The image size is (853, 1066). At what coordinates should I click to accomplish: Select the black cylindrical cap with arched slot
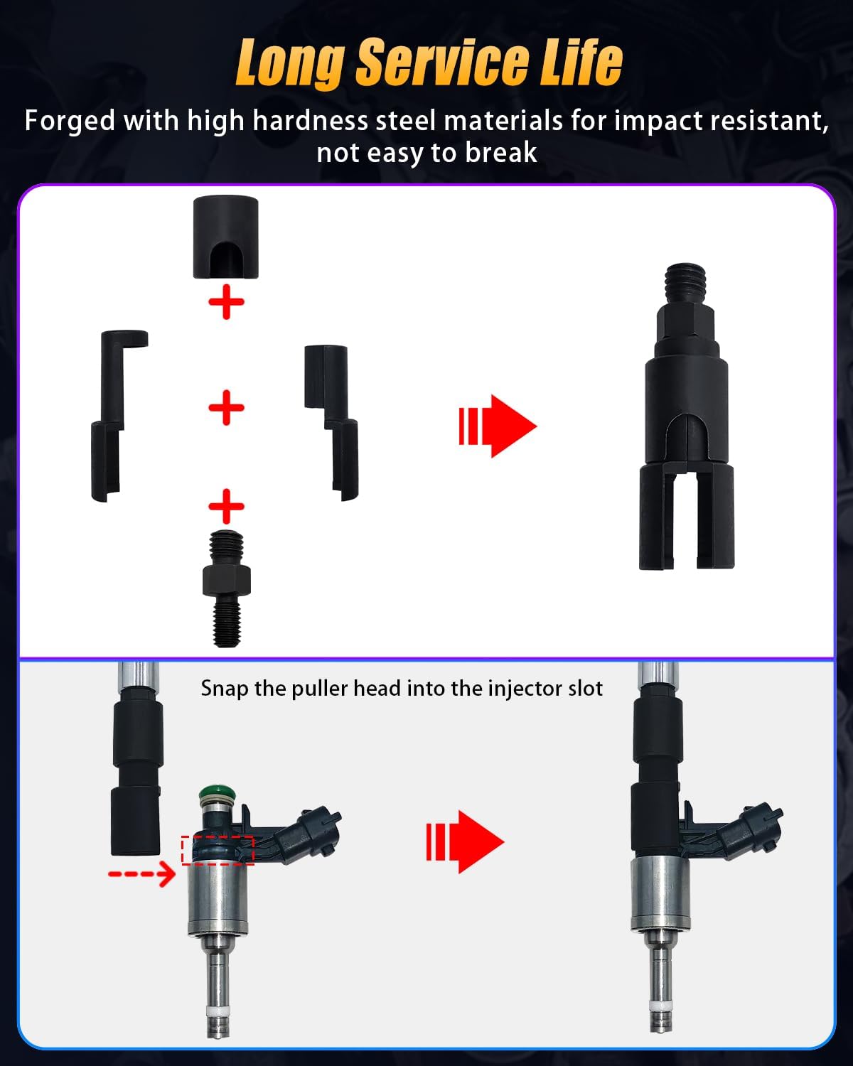[225, 237]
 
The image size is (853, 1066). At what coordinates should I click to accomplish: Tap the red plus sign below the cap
[226, 303]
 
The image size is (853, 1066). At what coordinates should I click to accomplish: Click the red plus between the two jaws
[226, 407]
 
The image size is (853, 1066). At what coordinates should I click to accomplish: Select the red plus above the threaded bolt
[226, 506]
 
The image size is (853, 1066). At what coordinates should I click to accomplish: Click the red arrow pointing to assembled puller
[498, 426]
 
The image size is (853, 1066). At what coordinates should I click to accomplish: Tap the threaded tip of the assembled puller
[686, 281]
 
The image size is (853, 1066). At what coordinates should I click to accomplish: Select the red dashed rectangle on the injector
[218, 850]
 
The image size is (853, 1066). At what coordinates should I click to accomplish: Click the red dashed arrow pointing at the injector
[141, 873]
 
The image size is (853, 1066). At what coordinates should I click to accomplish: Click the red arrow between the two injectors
[466, 842]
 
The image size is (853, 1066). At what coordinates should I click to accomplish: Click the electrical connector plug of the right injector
[753, 828]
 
